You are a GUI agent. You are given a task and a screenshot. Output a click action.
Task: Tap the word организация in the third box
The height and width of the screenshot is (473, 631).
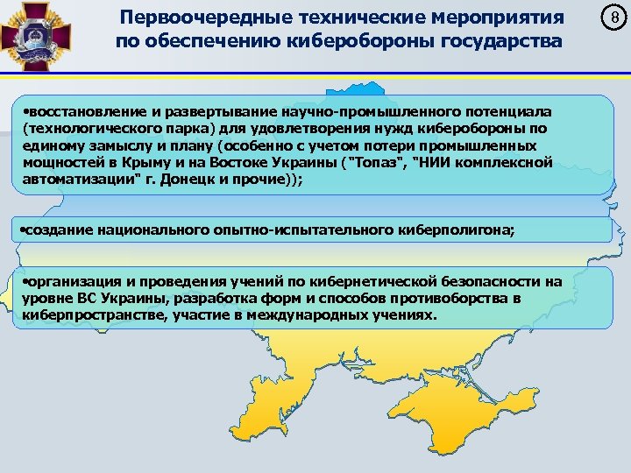(x=69, y=282)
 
